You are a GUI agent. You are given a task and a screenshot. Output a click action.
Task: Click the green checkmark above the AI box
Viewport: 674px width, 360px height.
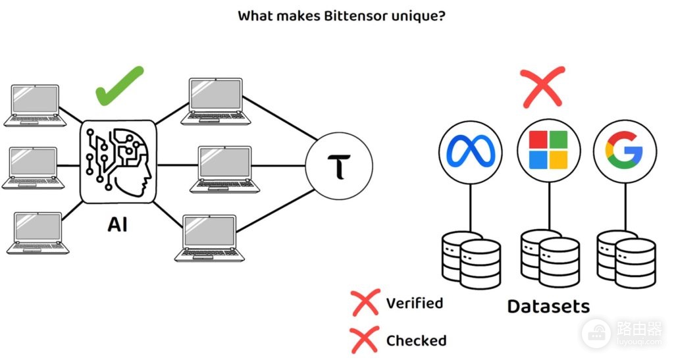point(119,86)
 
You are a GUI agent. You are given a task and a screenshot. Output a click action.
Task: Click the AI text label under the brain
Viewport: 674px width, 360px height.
point(117,224)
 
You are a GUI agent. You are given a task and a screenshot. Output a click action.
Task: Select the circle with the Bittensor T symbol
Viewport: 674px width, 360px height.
point(339,165)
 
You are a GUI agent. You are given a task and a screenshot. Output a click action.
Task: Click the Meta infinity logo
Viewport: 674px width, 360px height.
point(471,151)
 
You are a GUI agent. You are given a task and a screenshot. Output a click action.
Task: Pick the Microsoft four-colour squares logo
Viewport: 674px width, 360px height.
point(548,150)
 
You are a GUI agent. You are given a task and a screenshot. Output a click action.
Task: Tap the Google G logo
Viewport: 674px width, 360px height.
point(624,150)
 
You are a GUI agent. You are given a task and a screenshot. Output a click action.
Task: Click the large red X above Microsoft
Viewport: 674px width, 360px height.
point(542,87)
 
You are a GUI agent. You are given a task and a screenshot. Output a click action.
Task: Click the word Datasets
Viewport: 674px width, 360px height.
point(548,306)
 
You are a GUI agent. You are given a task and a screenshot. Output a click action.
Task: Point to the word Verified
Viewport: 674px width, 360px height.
point(415,303)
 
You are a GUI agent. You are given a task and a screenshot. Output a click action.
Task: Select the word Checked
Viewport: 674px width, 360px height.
point(416,341)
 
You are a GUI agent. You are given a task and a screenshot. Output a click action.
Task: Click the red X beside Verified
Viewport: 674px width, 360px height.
point(365,303)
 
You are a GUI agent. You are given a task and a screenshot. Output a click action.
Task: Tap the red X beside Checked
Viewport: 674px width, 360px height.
point(365,340)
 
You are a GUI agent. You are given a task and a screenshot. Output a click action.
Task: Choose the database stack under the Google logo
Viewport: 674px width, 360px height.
point(627,259)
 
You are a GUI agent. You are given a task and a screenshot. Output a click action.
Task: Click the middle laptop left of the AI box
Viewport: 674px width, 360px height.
point(33,168)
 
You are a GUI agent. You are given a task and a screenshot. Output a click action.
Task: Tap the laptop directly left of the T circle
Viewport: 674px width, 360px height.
point(225,170)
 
